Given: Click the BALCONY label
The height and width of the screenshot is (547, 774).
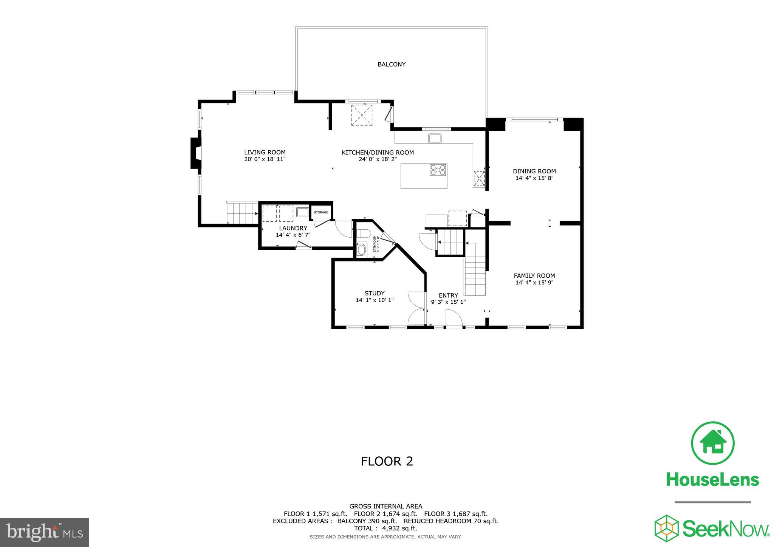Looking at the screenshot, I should point(391,65).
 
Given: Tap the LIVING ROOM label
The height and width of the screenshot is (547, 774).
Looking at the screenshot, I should point(265,153).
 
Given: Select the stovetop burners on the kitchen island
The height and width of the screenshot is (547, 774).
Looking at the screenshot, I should point(438,170).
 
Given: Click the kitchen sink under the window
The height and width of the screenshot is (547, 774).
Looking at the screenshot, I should point(435,138).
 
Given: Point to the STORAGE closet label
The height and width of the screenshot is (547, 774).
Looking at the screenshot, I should point(321,212).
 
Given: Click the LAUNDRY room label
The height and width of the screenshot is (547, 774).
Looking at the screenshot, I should point(293,228).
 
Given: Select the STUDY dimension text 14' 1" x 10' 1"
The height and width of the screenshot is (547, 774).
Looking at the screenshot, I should point(375,300).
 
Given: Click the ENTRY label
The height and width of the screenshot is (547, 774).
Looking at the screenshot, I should point(448,295).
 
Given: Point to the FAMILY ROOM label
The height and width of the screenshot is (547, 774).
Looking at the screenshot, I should point(534,276).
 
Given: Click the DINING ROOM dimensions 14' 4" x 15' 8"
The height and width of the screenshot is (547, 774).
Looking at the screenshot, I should point(534,178).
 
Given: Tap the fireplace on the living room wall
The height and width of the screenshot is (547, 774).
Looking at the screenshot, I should point(195,153).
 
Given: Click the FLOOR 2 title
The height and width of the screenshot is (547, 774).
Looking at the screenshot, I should point(387,461).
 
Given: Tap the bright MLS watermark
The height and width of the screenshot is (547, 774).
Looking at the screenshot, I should point(44,533).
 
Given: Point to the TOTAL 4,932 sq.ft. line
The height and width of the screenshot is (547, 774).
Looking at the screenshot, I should point(385,528).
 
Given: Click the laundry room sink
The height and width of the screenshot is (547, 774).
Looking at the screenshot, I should point(302,212).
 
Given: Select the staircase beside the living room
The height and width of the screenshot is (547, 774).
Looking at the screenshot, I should point(242,213).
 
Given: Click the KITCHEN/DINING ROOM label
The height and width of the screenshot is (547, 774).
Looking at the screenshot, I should point(378,153).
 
